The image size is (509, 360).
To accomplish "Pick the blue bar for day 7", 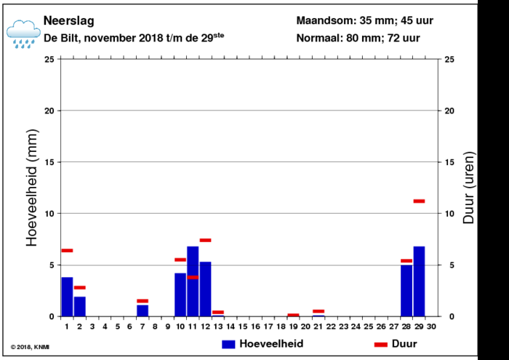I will pos(143,311).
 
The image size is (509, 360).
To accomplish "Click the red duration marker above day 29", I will pos(419,201).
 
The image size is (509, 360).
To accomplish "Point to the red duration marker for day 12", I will pos(205,240).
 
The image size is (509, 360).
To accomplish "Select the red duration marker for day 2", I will pos(80,287).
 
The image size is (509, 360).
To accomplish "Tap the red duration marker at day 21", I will pos(318,311).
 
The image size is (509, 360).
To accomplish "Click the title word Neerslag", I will pos(68,20).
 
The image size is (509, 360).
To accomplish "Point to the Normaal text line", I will pos(357,37).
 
